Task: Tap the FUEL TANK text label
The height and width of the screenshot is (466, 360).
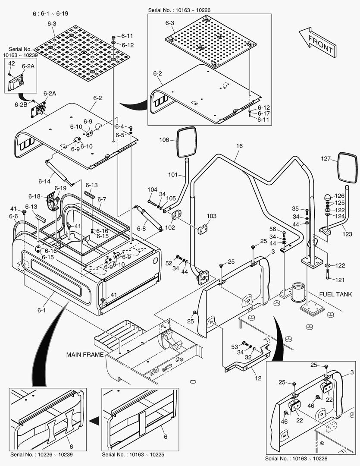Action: coord(335,294)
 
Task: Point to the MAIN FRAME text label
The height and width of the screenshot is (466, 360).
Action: coord(85,355)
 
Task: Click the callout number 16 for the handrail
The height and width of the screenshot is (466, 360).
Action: coord(239,146)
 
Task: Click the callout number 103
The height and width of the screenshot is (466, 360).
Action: coord(211,216)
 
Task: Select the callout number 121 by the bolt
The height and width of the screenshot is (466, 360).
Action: coord(340,280)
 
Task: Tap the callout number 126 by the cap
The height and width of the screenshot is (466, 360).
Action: coord(340,196)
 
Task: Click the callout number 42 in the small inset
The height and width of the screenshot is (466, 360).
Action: coord(12,63)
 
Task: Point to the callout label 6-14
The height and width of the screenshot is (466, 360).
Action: coord(45,181)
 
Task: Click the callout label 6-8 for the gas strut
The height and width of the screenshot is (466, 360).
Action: coord(142,228)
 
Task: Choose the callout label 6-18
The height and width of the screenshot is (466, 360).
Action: coord(34,196)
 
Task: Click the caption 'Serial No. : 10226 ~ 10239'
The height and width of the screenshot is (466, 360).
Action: coord(42,454)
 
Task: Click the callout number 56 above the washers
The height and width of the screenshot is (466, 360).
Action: coord(272,229)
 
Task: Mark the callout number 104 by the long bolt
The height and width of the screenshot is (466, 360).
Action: coord(152,189)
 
